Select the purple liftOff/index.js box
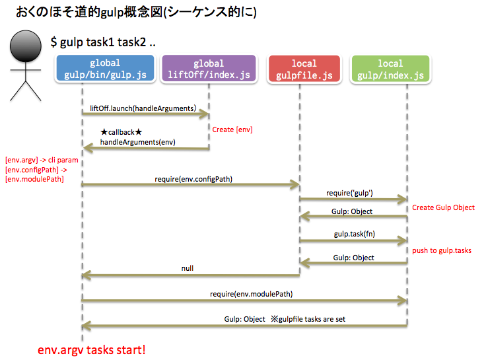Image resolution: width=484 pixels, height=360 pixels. point(208,69)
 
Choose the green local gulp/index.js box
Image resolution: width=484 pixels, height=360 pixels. point(390,69)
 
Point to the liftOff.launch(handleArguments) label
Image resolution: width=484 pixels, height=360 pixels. point(143,107)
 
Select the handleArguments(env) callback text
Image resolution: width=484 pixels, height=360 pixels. point(137,142)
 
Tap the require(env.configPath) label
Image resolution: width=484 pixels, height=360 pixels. point(193,178)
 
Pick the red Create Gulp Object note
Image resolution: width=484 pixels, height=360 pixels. point(443,207)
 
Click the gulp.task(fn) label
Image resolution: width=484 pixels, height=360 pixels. point(355,234)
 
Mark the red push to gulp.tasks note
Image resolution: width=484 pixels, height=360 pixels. point(442,251)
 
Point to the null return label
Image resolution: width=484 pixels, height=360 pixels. point(188,269)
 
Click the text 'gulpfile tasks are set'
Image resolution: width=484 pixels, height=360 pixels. point(307,319)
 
